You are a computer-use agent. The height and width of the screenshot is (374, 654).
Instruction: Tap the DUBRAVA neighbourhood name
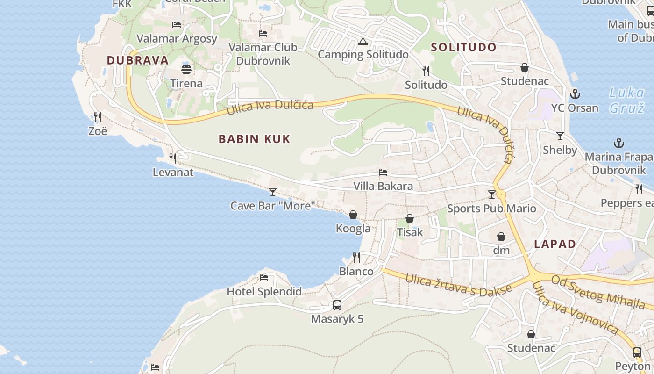point(137,60)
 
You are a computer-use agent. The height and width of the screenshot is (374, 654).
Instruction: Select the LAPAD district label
point(555,244)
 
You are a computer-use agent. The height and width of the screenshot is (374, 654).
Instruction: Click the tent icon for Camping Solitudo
point(363,42)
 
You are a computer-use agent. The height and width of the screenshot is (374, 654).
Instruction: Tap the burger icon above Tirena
point(186,70)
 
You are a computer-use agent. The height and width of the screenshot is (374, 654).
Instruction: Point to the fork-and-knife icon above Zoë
point(97,117)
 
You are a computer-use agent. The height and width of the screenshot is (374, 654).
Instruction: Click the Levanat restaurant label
point(173,173)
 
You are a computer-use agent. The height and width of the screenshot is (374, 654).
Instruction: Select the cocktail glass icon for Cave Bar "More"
point(273,192)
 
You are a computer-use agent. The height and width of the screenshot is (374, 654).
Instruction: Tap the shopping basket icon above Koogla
point(353,215)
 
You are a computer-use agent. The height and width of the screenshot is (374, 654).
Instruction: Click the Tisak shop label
point(410,232)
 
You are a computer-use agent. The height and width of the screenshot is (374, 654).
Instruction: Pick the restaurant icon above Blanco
point(356,258)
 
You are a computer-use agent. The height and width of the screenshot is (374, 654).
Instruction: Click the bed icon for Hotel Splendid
point(264,278)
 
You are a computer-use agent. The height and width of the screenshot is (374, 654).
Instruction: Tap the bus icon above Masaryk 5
point(337,305)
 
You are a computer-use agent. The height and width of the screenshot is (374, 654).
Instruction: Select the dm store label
point(501,251)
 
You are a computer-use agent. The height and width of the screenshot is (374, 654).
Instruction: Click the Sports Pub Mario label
point(491,209)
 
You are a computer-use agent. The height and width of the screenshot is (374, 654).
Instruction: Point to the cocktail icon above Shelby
point(560,136)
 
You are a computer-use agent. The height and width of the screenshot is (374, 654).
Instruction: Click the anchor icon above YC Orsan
point(575,94)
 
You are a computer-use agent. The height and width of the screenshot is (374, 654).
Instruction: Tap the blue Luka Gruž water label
point(626,100)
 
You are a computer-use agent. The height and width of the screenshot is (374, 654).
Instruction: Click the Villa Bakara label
point(383,186)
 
